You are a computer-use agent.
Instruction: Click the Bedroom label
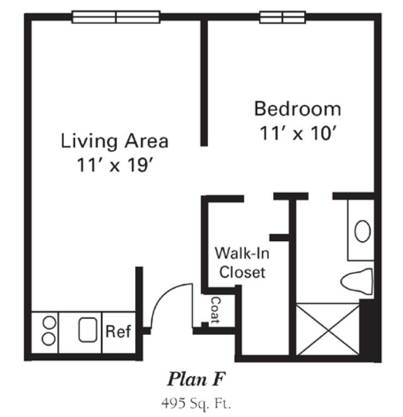click(298, 108)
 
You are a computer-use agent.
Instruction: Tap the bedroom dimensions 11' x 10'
click(298, 133)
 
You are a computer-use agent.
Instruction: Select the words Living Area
click(115, 141)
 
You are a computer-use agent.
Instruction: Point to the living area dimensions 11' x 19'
click(115, 165)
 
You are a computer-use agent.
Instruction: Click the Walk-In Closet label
click(242, 262)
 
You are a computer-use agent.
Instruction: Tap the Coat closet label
click(215, 310)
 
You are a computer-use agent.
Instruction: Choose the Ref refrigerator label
click(118, 332)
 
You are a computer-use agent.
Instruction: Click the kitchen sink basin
click(88, 330)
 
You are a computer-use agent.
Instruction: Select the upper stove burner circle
click(49, 323)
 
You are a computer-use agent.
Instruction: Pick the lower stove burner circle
click(49, 339)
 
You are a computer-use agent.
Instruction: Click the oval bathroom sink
click(363, 231)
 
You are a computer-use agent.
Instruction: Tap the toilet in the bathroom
click(357, 281)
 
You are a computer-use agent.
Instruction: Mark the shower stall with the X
click(328, 330)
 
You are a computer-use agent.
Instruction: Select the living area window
click(116, 17)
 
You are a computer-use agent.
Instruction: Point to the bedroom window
click(282, 17)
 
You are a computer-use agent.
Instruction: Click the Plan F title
click(196, 379)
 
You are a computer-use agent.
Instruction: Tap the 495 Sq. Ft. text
click(196, 403)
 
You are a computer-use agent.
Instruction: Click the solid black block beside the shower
click(367, 330)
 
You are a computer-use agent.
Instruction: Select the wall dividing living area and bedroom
click(204, 83)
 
